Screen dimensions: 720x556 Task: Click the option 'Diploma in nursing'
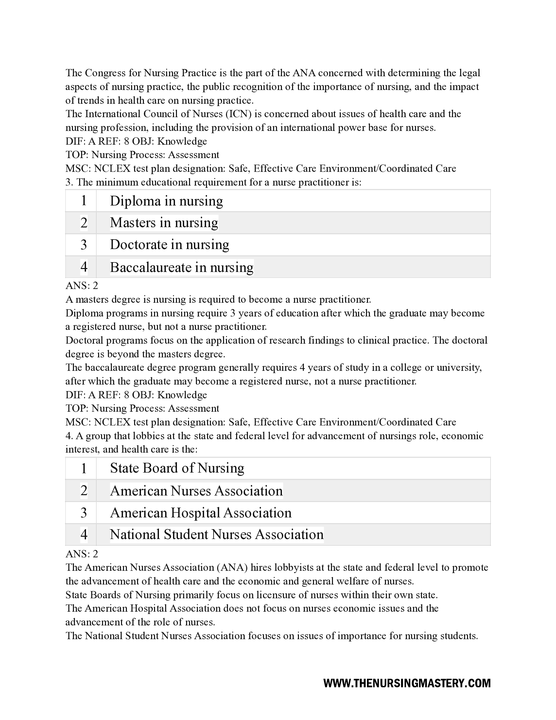coord(166,201)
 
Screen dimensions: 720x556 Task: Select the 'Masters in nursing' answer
coord(164,223)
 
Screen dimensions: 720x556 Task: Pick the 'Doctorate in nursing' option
coord(169,244)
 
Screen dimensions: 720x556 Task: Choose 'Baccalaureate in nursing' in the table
coord(182,267)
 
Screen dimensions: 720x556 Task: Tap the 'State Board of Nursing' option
coord(177,468)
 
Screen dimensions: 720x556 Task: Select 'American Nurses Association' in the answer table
coord(196,491)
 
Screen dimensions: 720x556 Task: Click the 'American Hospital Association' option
coord(200,513)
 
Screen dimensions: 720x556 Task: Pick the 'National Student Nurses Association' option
coord(217,534)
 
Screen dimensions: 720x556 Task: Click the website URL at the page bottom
coord(407,683)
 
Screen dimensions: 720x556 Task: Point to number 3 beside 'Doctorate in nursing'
coord(84,244)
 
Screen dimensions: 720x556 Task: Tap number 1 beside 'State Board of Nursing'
coord(84,468)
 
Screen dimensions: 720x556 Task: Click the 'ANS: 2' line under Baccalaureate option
coord(82,285)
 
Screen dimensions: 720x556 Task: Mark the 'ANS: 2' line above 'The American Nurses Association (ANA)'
coord(82,554)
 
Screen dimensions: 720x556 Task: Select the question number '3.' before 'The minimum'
coord(69,182)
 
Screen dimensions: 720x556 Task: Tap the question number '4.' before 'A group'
coord(69,436)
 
